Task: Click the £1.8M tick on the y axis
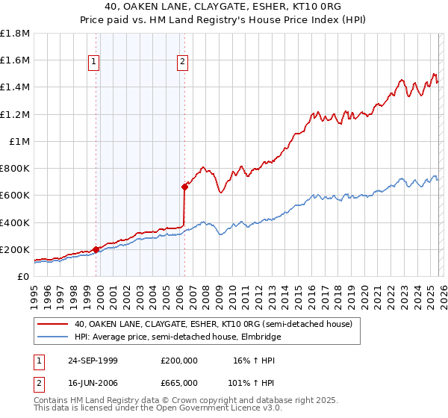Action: coord(15,34)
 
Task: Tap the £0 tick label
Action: coord(23,276)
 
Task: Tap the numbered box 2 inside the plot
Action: coord(182,63)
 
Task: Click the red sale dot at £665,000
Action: coord(184,187)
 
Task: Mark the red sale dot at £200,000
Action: coord(96,249)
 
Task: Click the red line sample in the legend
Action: coord(53,325)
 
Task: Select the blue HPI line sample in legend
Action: coord(53,337)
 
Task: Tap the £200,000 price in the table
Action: coord(178,361)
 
